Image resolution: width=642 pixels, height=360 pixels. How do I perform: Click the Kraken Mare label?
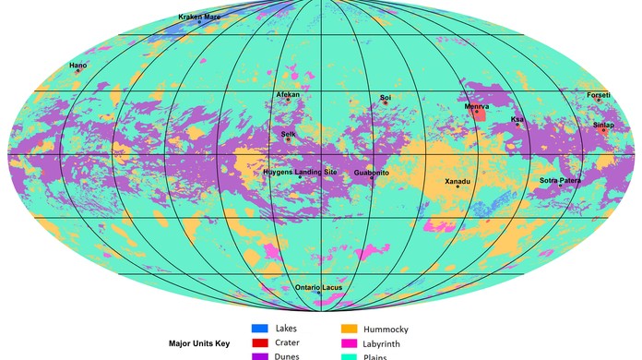[199, 17]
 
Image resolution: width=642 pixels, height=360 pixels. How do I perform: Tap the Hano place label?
[78, 66]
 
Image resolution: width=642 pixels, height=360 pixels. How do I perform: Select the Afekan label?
[288, 95]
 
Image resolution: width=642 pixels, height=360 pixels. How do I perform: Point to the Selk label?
[289, 134]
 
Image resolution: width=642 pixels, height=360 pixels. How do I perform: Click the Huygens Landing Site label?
[301, 173]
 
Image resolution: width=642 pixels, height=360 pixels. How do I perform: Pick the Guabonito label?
[372, 173]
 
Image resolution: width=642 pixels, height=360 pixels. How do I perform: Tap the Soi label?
[386, 97]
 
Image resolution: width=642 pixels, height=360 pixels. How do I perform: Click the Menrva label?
[477, 107]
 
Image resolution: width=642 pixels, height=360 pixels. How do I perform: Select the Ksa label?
[517, 119]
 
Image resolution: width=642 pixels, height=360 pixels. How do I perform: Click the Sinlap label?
[603, 125]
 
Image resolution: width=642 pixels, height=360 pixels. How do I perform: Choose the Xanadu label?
[458, 181]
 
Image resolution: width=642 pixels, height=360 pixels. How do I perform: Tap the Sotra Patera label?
[561, 180]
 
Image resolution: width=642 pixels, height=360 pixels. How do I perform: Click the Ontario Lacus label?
[319, 287]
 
